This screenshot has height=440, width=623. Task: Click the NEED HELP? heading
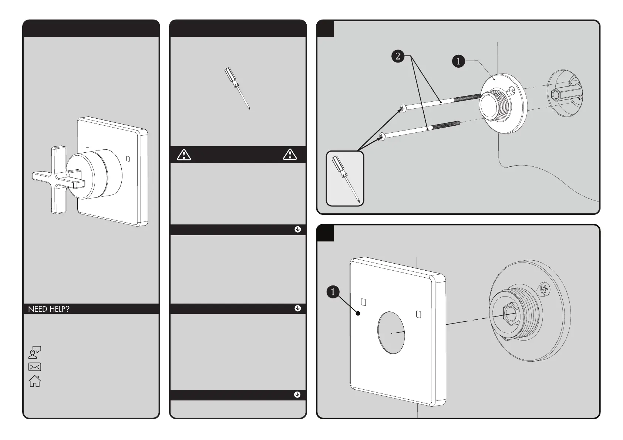click(x=49, y=309)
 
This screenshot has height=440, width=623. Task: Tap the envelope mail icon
click(x=35, y=367)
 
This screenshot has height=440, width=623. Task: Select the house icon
click(x=35, y=381)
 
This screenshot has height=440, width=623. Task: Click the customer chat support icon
click(x=35, y=352)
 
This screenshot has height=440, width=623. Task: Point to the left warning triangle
click(x=184, y=155)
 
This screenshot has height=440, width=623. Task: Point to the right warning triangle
click(x=290, y=155)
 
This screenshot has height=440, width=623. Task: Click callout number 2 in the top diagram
click(x=398, y=56)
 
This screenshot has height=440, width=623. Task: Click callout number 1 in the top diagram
click(x=458, y=61)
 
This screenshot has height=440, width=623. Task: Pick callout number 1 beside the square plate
click(x=333, y=292)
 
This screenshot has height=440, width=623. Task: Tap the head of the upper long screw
click(x=403, y=108)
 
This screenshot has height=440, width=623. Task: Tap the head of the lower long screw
click(x=382, y=137)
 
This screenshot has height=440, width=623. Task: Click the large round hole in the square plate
click(x=392, y=332)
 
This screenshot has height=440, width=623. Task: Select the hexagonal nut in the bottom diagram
click(x=509, y=315)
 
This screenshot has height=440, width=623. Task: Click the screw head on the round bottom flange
click(x=545, y=288)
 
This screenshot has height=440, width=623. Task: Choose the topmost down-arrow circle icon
click(x=298, y=229)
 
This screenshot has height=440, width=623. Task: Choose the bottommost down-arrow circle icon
click(x=297, y=395)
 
